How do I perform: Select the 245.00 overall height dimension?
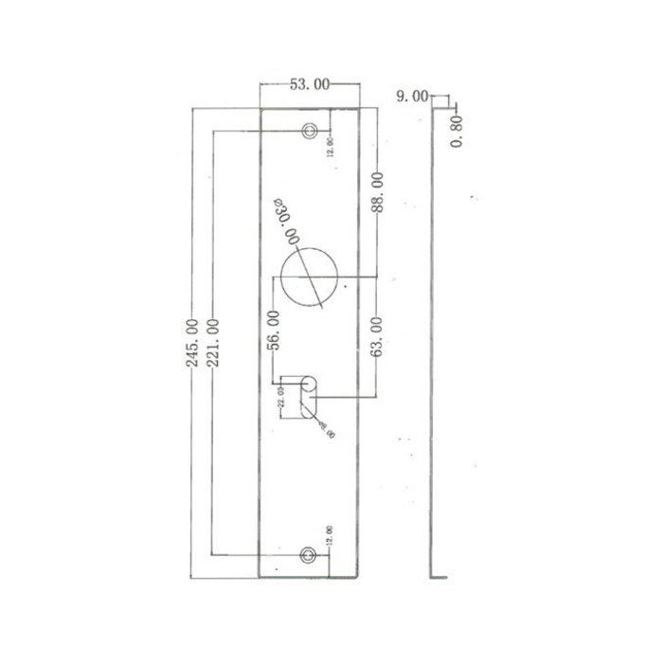click(x=194, y=342)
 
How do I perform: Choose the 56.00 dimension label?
click(x=274, y=331)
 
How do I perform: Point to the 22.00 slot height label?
click(x=280, y=396)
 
